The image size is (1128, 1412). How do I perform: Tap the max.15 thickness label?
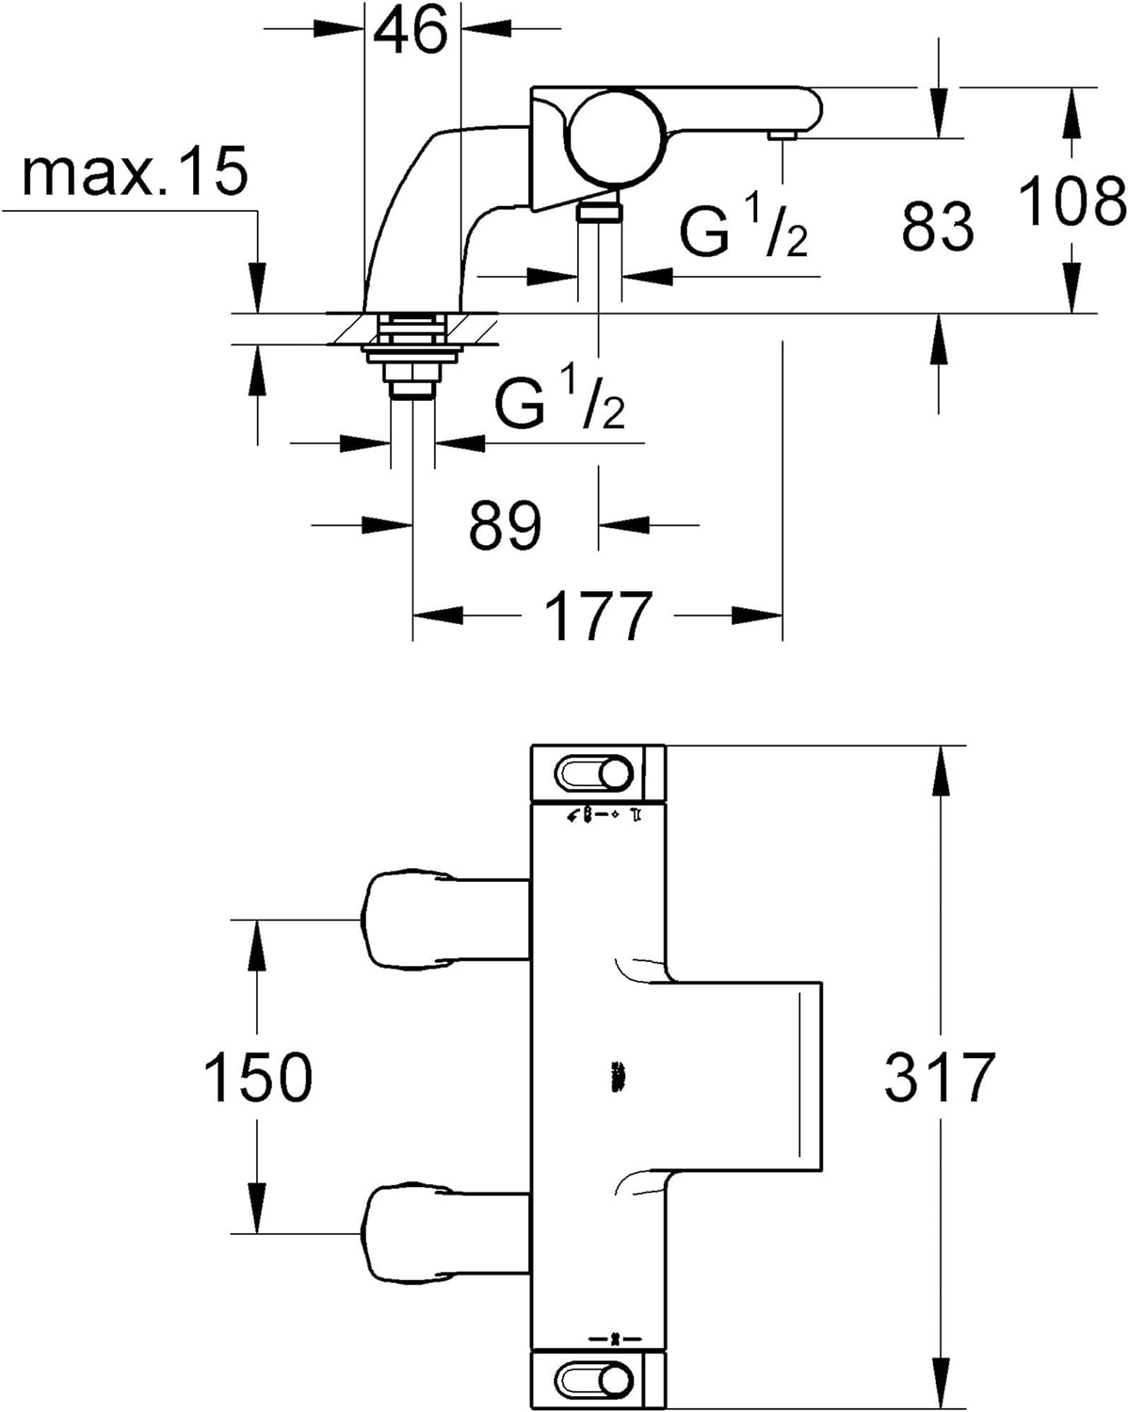[x=135, y=171]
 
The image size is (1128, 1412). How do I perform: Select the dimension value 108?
[x=1072, y=201]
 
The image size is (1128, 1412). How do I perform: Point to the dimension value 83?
[x=936, y=227]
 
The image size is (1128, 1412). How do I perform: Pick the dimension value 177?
[x=598, y=616]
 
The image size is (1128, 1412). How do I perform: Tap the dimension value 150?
[x=258, y=1077]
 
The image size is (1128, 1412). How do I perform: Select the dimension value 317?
[x=939, y=1077]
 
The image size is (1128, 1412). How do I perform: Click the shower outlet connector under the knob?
[x=599, y=209]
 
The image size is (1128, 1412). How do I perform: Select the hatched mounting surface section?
[x=414, y=329]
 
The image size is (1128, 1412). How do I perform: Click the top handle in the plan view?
[x=597, y=774]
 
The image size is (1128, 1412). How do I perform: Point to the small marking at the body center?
[x=618, y=1077]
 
